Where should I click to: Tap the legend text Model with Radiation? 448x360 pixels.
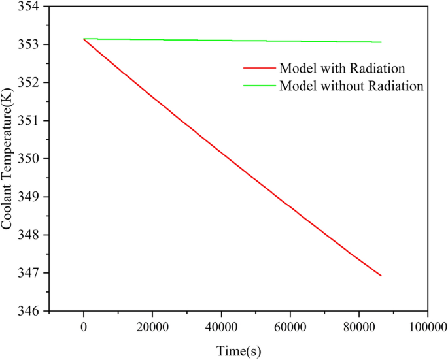pyautogui.click(x=341, y=68)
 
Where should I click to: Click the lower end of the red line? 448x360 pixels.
pyautogui.click(x=381, y=276)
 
